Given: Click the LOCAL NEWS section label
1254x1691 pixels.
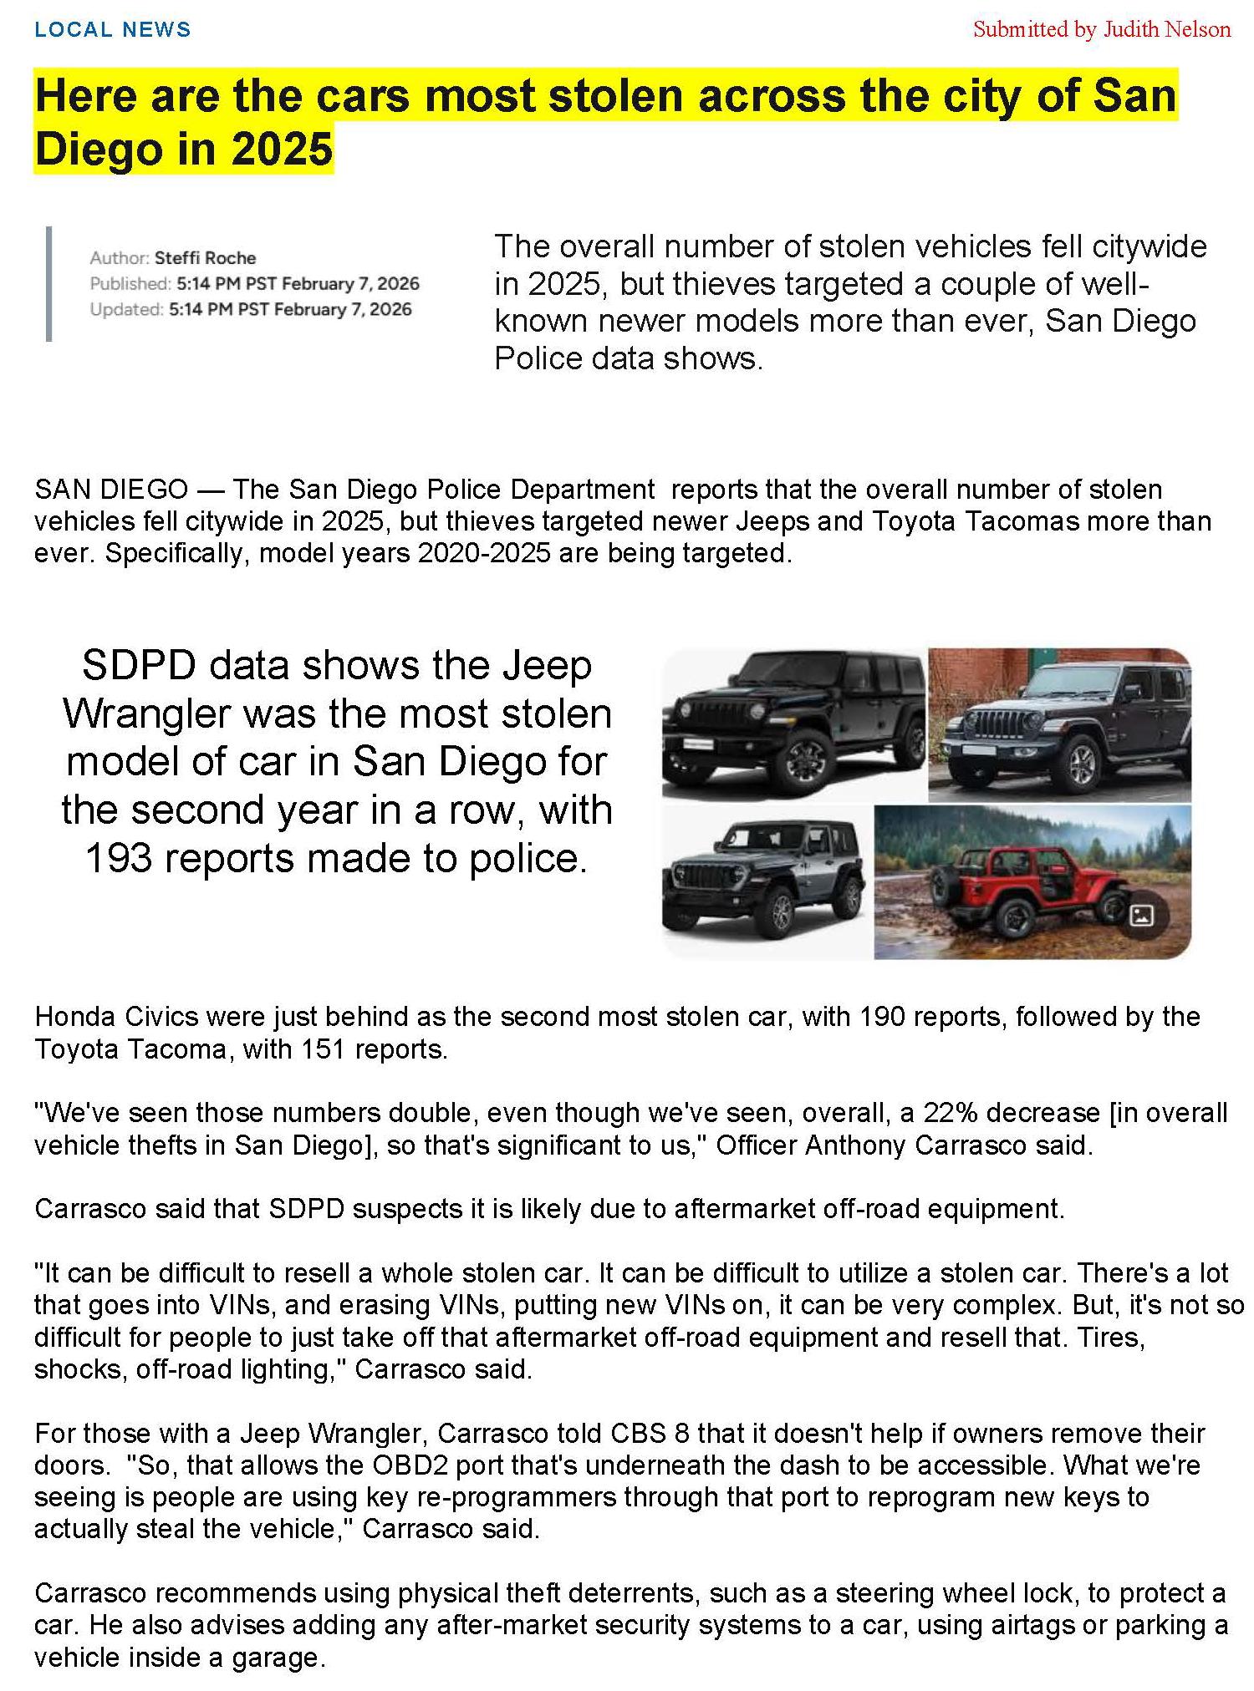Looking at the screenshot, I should [112, 30].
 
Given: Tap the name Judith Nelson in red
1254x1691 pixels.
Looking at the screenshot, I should [1166, 30].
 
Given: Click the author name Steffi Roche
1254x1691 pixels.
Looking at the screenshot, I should [205, 257].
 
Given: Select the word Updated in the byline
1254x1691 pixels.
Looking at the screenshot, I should [126, 309].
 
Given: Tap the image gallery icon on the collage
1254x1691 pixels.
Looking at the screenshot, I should [1141, 916].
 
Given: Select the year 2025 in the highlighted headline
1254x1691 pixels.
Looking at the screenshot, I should [282, 149].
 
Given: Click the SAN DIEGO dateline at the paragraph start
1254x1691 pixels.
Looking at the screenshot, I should [111, 489].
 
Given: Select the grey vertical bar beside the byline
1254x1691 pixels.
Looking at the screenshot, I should [48, 283].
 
